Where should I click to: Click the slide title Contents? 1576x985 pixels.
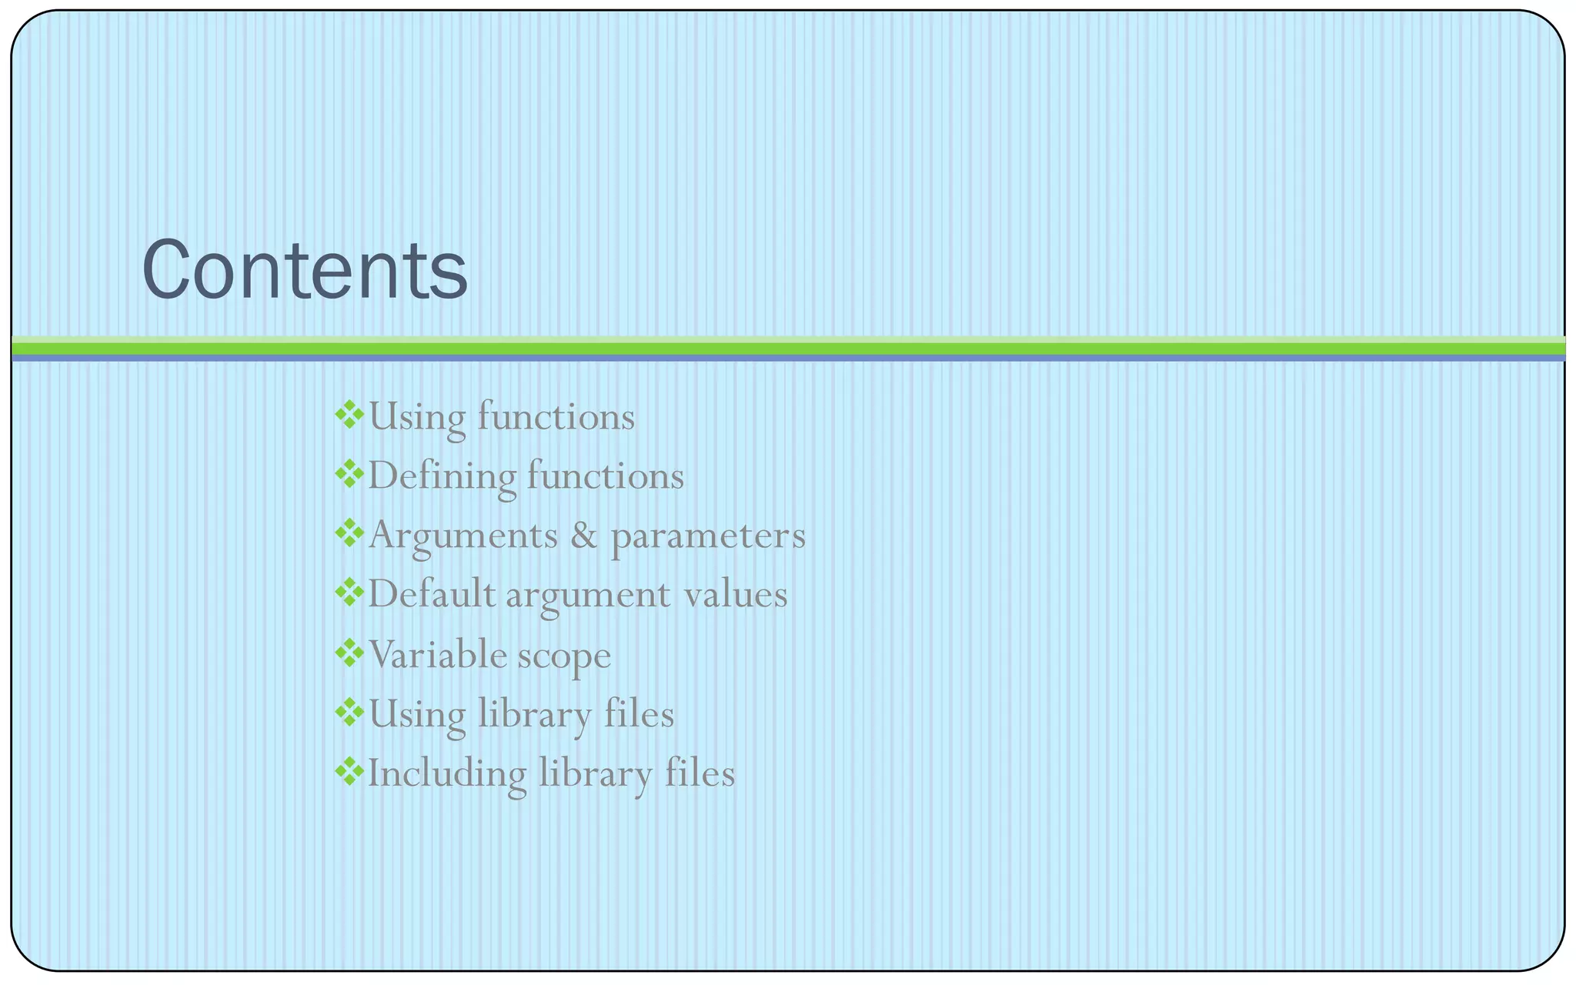[305, 270]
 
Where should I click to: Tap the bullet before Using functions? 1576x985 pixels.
[349, 415]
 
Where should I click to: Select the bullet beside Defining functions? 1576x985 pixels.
[349, 474]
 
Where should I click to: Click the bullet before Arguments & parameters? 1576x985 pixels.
[349, 533]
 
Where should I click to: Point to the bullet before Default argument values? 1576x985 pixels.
[349, 593]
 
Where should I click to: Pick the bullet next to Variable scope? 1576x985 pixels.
[349, 653]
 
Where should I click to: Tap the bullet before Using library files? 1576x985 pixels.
[349, 713]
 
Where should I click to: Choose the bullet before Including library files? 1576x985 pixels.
[349, 772]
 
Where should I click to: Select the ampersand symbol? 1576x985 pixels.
[584, 535]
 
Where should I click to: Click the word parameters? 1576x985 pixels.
[708, 536]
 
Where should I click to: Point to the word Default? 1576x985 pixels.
[432, 594]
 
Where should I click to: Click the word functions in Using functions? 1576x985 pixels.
[556, 416]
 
